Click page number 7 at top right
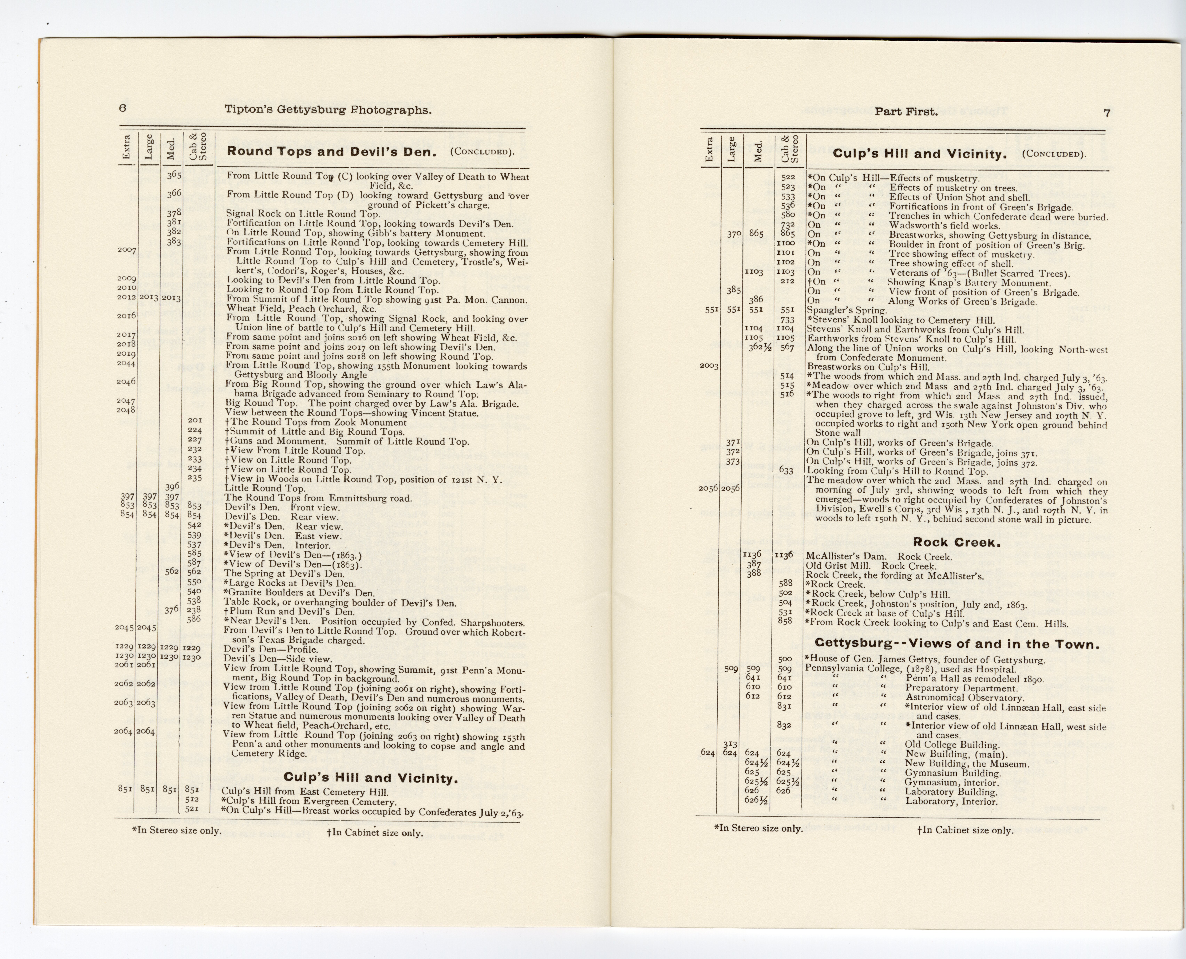click(1106, 113)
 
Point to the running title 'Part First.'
click(906, 112)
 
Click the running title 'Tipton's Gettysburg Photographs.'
click(328, 110)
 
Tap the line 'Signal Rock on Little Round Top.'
click(303, 214)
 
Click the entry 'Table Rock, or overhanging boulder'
click(340, 603)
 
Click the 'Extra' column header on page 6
click(126, 148)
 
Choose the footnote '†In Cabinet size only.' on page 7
click(965, 830)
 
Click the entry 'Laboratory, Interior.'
click(951, 802)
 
